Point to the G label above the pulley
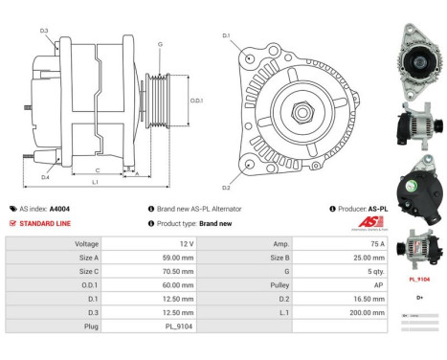click(x=160, y=44)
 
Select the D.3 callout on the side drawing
click(x=44, y=31)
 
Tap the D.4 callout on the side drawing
click(x=44, y=177)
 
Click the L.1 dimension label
click(x=97, y=182)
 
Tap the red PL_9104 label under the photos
click(x=417, y=281)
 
